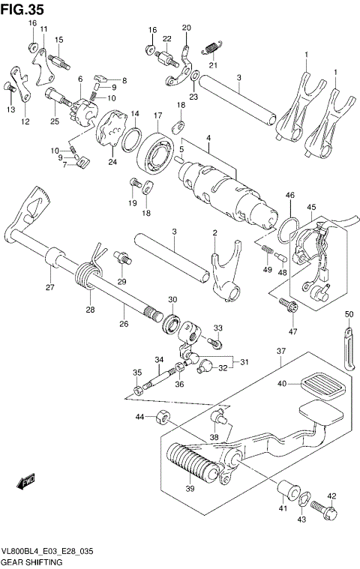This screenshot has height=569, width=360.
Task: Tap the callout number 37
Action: point(280,352)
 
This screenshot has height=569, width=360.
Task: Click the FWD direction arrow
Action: point(27,481)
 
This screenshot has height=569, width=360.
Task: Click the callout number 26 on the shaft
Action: point(123,324)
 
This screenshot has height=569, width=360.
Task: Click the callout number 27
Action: point(50,287)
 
